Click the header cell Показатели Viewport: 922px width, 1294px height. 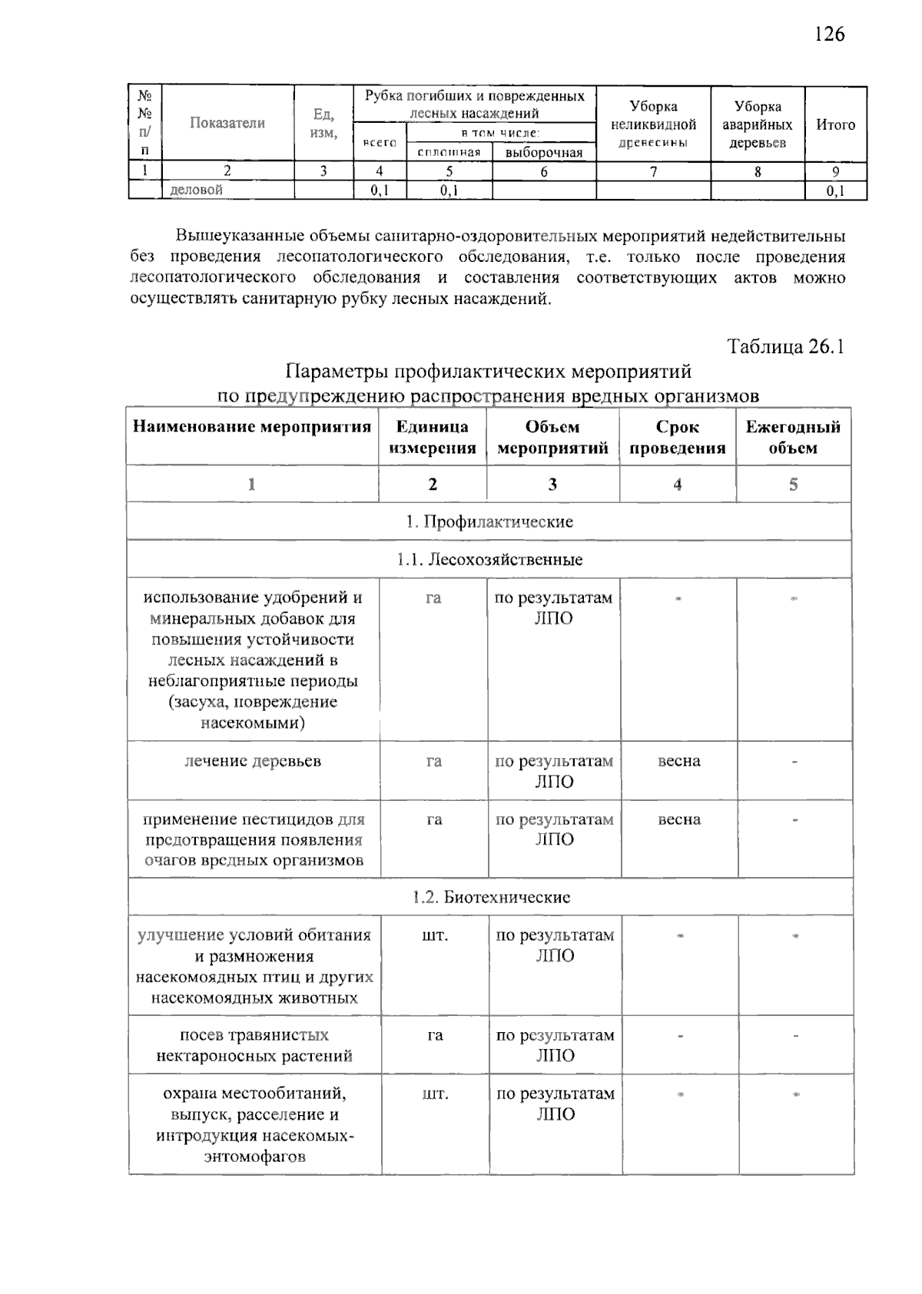tap(227, 123)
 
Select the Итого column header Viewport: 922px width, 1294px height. tap(835, 124)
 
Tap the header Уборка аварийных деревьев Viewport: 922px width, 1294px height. tap(757, 124)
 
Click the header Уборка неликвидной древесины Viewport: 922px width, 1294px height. tap(653, 124)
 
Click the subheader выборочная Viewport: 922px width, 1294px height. tap(544, 152)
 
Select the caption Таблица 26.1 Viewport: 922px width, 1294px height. tap(785, 346)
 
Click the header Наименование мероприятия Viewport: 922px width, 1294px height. tap(252, 427)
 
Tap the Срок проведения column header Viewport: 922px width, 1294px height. tap(677, 438)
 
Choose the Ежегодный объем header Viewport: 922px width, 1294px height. tap(793, 438)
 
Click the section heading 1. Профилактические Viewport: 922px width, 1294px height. tap(489, 522)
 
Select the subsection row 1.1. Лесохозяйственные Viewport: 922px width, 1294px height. tap(489, 560)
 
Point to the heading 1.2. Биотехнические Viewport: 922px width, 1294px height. tap(491, 897)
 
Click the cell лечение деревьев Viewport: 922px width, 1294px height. tap(253, 761)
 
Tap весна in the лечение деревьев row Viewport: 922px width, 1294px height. tap(679, 761)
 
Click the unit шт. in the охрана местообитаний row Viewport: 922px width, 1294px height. tap(435, 1094)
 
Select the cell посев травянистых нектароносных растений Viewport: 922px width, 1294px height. tap(254, 1045)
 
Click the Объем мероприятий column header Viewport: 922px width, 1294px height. tap(552, 438)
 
